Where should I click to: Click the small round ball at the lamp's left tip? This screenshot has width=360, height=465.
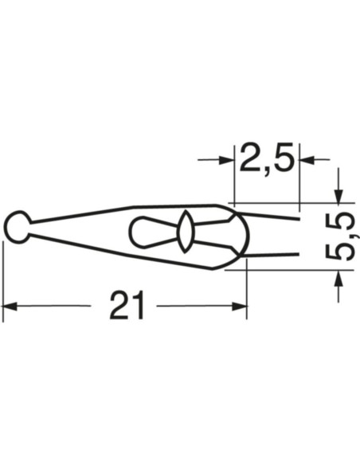(17, 226)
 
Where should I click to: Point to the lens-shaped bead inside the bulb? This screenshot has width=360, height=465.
(185, 232)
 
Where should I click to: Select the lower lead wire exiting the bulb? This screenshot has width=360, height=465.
(275, 254)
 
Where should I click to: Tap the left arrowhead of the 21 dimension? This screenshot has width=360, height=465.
(10, 305)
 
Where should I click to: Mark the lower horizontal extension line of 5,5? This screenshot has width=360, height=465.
(287, 271)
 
